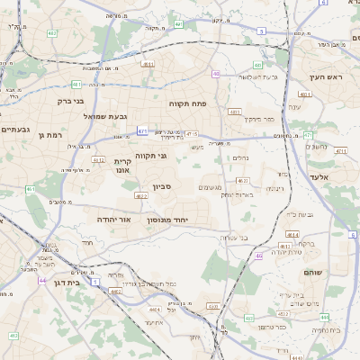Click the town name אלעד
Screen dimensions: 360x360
click(319, 178)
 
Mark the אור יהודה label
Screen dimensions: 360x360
click(113, 219)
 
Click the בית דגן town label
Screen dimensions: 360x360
click(62, 282)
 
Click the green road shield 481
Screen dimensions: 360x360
click(76, 85)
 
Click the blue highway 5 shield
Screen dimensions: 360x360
click(261, 31)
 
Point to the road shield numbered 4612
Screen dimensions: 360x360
click(98, 160)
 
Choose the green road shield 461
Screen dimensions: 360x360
click(31, 189)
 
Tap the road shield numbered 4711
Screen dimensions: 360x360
click(340, 151)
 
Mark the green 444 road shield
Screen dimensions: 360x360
click(323, 317)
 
